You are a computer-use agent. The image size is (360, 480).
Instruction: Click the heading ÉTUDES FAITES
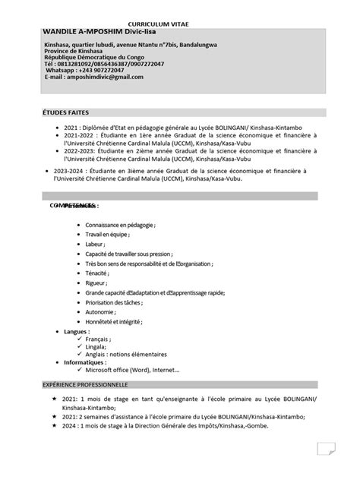click(66, 112)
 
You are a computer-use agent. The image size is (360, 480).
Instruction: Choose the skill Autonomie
click(100, 312)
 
